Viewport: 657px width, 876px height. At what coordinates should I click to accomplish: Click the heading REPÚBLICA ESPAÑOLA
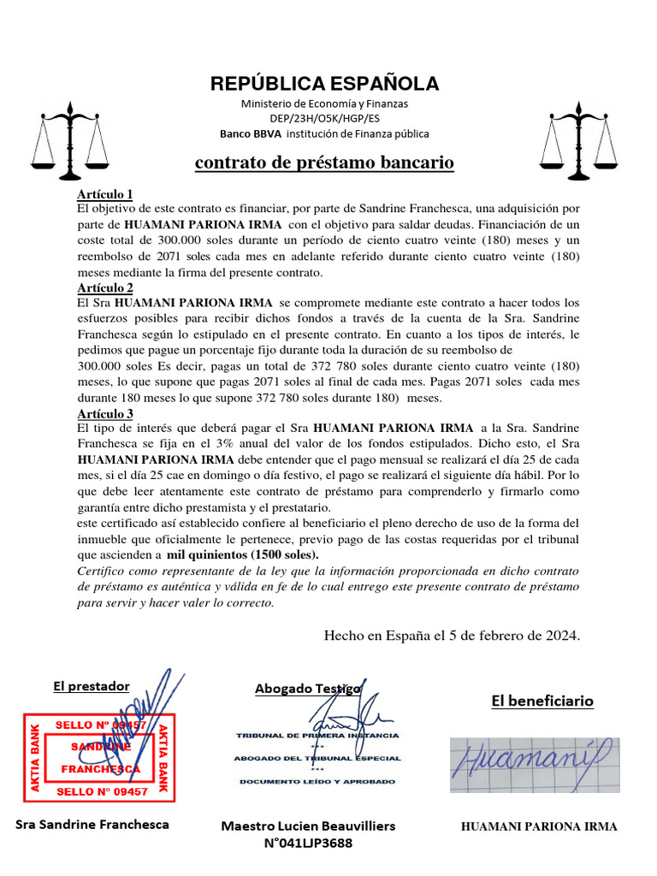[x=324, y=83]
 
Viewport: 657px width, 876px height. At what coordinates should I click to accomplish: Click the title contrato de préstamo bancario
[x=324, y=163]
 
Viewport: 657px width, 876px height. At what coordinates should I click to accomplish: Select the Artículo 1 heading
[x=105, y=193]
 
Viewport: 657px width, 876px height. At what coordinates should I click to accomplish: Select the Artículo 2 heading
[x=105, y=287]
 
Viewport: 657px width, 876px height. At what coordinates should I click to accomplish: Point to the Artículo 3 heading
[x=105, y=413]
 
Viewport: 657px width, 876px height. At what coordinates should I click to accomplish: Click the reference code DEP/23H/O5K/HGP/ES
[x=324, y=118]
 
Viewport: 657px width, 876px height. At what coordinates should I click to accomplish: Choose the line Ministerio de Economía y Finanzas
[x=324, y=104]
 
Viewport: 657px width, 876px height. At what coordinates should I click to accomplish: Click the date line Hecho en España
[x=452, y=636]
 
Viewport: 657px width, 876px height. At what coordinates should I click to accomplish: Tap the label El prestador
[x=92, y=685]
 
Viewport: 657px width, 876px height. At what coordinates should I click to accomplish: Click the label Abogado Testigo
[x=307, y=689]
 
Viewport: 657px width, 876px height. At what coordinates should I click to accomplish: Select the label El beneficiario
[x=542, y=701]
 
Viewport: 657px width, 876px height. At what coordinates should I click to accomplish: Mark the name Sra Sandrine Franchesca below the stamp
[x=92, y=825]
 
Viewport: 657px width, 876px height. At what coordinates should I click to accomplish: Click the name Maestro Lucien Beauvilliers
[x=308, y=826]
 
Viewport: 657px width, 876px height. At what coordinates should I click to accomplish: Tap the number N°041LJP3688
[x=308, y=843]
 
